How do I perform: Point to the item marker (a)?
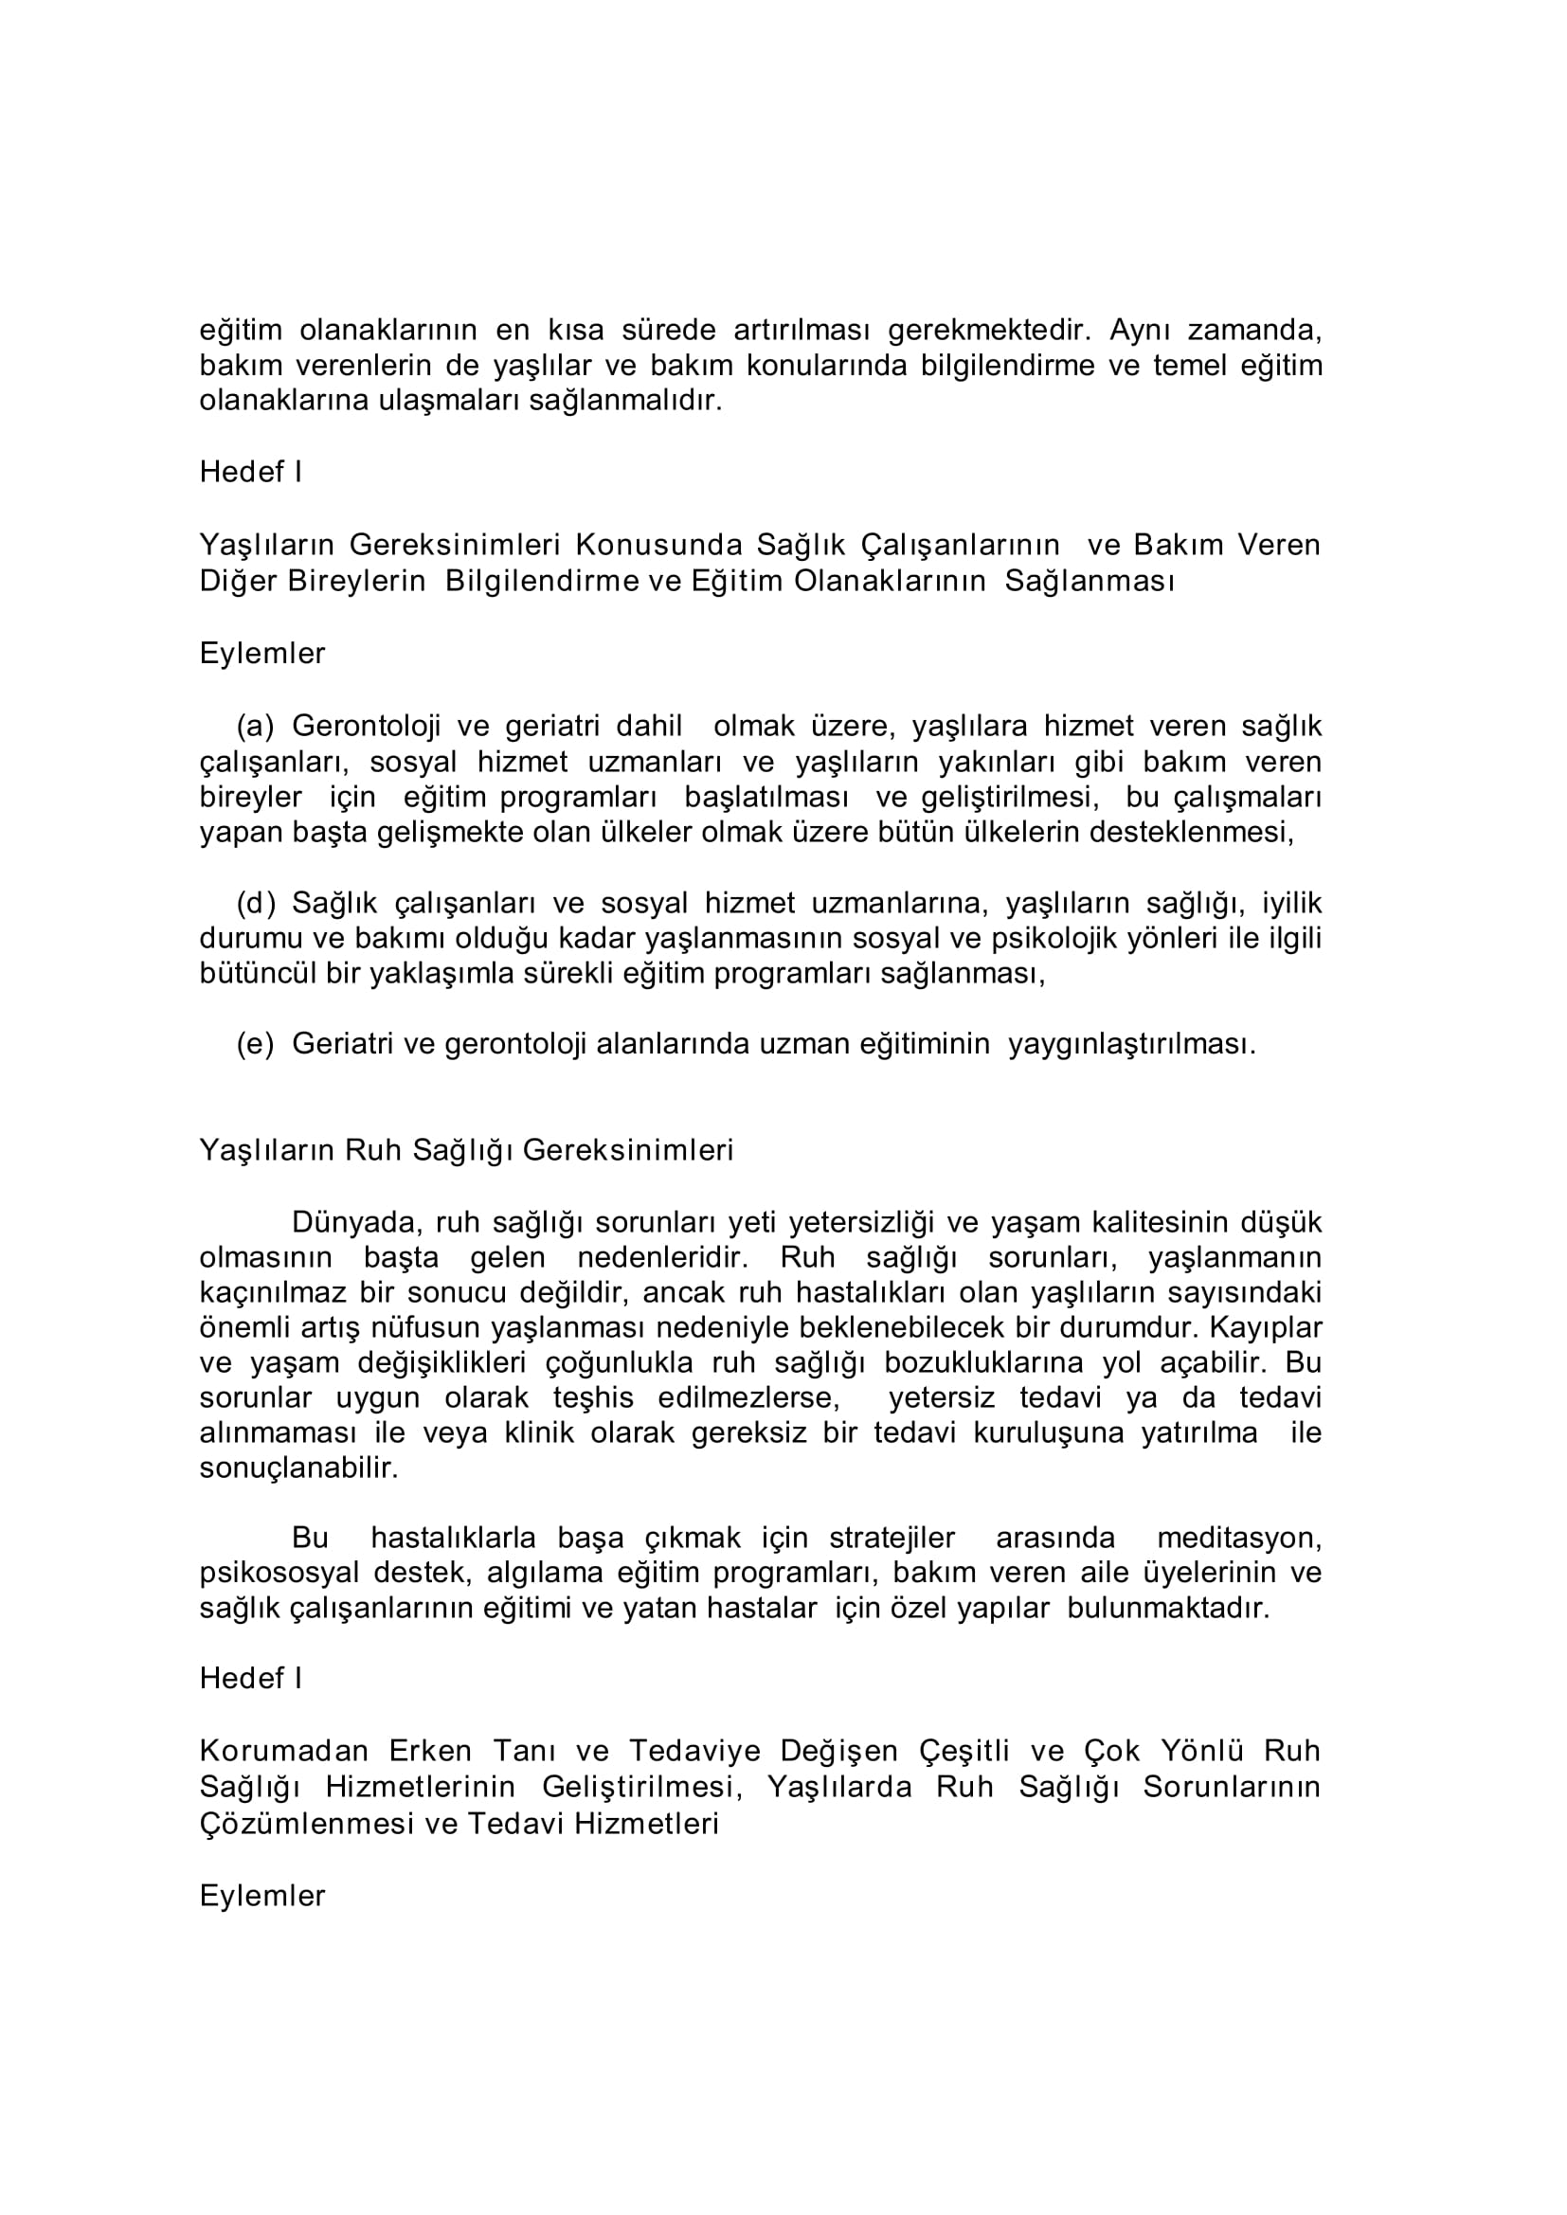pyautogui.click(x=256, y=726)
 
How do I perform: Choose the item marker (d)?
pyautogui.click(x=256, y=903)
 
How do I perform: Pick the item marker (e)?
pyautogui.click(x=256, y=1044)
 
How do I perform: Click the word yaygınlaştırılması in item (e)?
pyautogui.click(x=1132, y=1044)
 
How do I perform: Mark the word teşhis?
pyautogui.click(x=595, y=1398)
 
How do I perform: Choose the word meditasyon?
pyautogui.click(x=1239, y=1538)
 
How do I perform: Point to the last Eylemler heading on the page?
pyautogui.click(x=262, y=1896)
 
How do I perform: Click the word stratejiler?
pyautogui.click(x=892, y=1538)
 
